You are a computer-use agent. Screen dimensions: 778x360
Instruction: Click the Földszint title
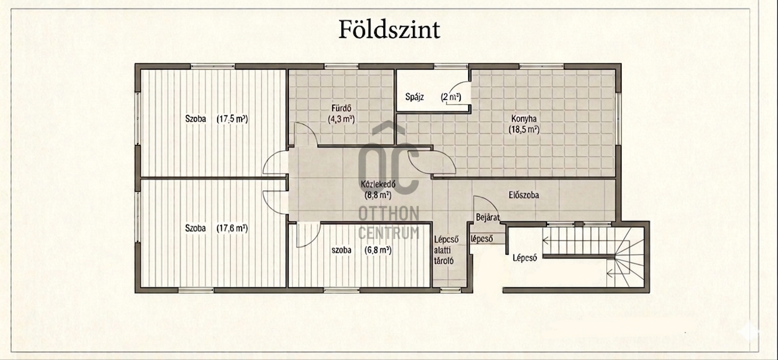(x=390, y=30)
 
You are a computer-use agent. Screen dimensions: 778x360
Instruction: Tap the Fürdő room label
(x=341, y=108)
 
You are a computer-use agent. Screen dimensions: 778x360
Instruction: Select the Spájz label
(x=415, y=97)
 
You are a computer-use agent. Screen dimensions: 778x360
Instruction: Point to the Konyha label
(x=524, y=119)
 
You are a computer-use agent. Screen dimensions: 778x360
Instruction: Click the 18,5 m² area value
(x=524, y=130)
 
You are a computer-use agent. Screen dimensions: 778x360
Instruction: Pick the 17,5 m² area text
(x=233, y=119)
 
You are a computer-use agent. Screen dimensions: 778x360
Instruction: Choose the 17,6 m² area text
(x=233, y=228)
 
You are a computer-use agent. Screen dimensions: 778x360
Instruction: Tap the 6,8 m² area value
(x=378, y=250)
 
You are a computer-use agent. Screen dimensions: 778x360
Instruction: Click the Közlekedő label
(x=378, y=184)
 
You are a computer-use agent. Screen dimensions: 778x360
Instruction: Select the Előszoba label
(x=524, y=195)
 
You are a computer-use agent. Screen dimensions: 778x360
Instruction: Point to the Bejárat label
(x=488, y=217)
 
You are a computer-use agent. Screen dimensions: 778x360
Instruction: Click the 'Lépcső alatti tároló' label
(x=446, y=250)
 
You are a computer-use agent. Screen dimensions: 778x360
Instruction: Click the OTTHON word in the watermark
(x=388, y=213)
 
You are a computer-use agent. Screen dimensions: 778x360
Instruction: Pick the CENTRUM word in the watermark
(x=388, y=233)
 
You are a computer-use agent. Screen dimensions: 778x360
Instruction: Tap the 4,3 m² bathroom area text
(x=341, y=120)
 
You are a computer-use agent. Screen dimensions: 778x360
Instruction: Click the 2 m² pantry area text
(x=451, y=97)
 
